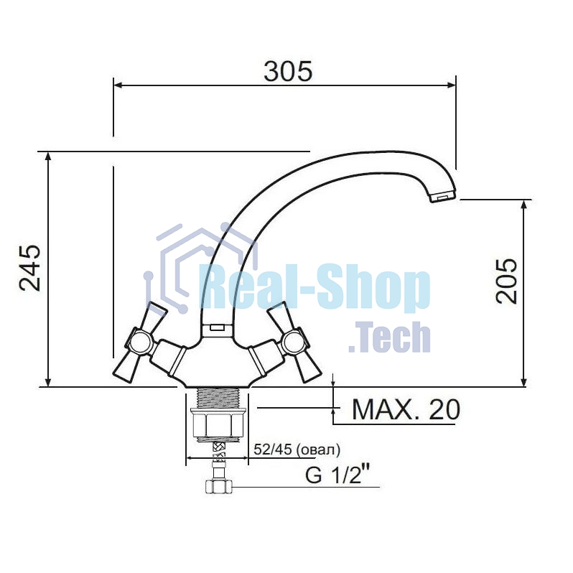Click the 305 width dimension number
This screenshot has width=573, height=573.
point(288,71)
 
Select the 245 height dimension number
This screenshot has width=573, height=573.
point(30,268)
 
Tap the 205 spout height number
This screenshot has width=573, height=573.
point(506,281)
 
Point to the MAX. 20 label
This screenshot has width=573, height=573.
point(406,409)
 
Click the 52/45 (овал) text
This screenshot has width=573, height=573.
point(297,449)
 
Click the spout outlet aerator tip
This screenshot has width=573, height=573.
point(442,197)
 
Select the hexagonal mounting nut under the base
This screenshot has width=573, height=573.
point(217,425)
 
